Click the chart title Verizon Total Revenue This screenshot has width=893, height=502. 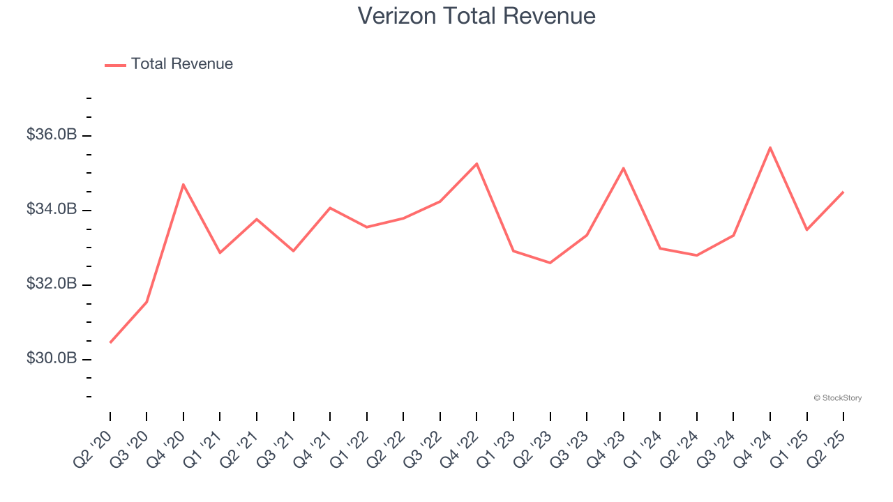click(x=476, y=16)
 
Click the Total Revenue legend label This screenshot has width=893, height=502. click(x=181, y=64)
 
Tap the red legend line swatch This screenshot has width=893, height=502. click(x=115, y=65)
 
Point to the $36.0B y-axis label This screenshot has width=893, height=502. click(x=52, y=135)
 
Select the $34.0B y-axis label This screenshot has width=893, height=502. click(x=52, y=209)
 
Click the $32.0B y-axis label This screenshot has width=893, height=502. click(x=52, y=284)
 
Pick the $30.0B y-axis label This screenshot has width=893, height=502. click(x=52, y=358)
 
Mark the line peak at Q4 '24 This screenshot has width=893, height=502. click(x=770, y=148)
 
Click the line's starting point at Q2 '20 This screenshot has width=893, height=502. click(x=110, y=342)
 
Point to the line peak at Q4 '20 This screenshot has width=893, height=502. click(x=183, y=185)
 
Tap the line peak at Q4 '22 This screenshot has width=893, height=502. click(x=476, y=164)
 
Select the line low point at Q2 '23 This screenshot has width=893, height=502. click(x=550, y=263)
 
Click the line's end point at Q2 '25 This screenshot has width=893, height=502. click(x=843, y=192)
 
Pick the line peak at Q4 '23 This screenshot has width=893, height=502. click(x=623, y=168)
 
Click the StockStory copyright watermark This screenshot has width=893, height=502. click(x=837, y=398)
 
